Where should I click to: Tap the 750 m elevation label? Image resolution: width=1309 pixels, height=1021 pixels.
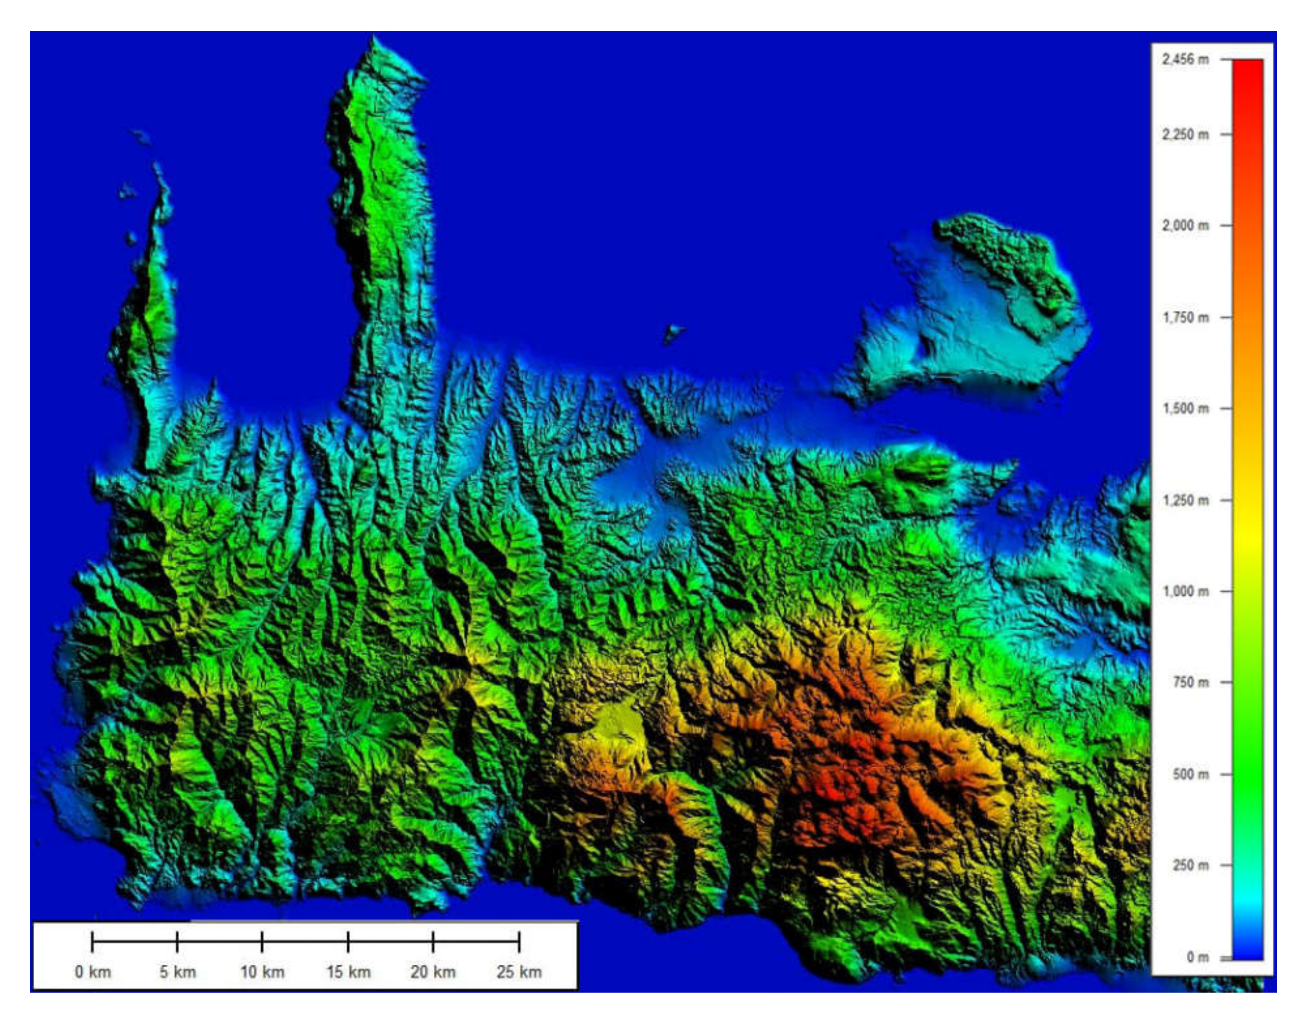point(1190,683)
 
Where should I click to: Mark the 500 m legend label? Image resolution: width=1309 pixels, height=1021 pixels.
point(1190,774)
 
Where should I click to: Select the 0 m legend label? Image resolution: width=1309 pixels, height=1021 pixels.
point(1197,957)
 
